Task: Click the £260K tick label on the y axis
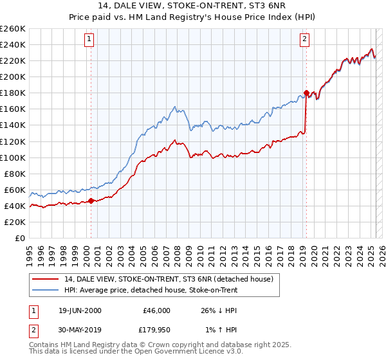point(13,29)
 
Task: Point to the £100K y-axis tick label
point(13,157)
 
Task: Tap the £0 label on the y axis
point(20,239)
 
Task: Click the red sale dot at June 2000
point(91,201)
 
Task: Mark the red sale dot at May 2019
point(306,93)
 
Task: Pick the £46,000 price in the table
point(156,310)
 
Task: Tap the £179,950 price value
point(154,332)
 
